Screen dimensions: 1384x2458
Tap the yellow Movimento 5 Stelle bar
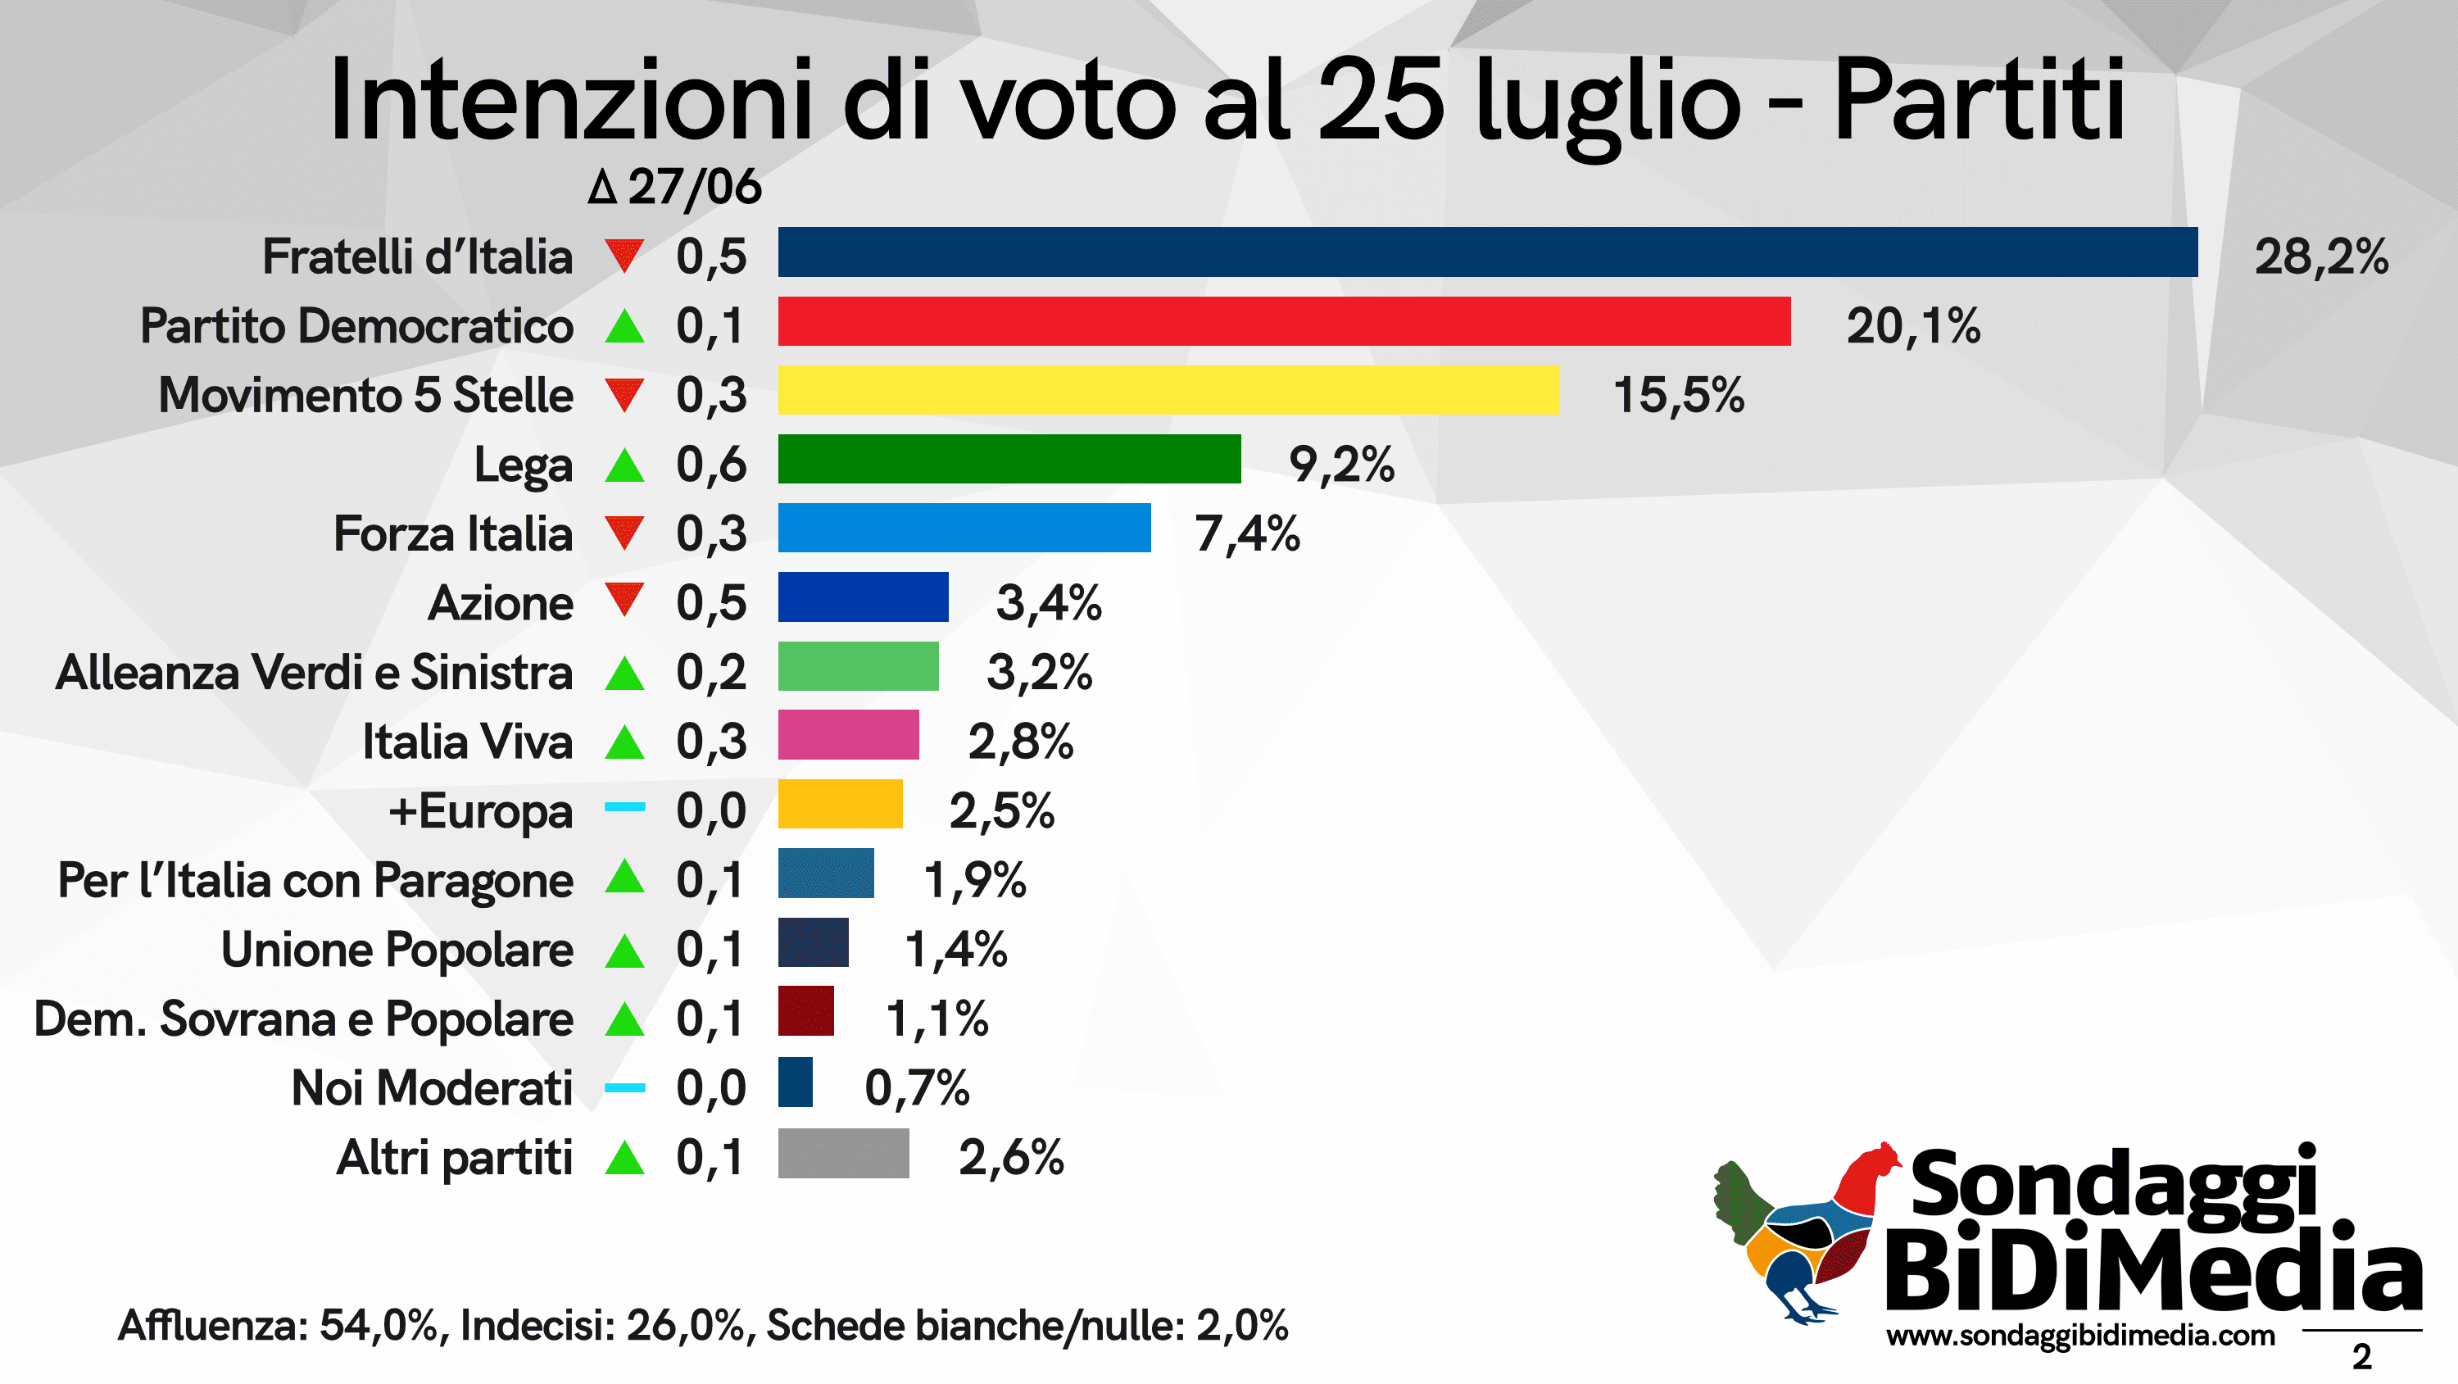pos(1167,390)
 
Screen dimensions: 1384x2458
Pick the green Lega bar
pos(1009,459)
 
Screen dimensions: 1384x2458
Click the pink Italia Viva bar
pos(847,735)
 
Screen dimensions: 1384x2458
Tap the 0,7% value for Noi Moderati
pos(916,1087)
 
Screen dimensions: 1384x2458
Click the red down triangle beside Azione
pos(624,600)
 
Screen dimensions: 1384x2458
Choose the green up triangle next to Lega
pos(624,465)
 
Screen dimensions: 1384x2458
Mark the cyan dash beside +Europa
pos(624,807)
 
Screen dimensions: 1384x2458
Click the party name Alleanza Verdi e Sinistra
pos(314,672)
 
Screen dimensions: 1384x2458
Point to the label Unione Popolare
pos(397,950)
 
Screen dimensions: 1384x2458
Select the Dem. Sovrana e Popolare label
pos(303,1019)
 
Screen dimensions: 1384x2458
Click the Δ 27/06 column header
pos(673,186)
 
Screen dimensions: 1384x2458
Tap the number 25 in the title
pos(1380,100)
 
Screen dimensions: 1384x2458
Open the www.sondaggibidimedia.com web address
pos(2079,1336)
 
